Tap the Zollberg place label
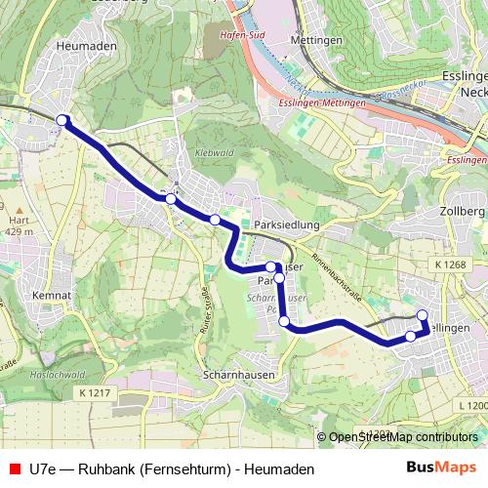point(463,211)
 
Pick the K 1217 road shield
point(90,392)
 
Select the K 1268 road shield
point(450,264)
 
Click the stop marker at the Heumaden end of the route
point(62,120)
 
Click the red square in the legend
point(14,468)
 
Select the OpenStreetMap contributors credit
point(403,437)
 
